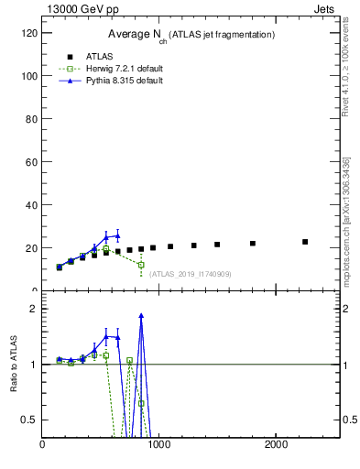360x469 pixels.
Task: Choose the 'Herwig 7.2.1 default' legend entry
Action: (x=111, y=69)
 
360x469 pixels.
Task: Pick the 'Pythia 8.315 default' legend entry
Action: (x=111, y=81)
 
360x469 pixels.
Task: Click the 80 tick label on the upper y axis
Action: (x=33, y=118)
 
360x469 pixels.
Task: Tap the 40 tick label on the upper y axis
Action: (x=33, y=204)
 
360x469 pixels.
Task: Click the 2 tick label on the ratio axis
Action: (x=35, y=309)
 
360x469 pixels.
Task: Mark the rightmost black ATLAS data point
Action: (x=305, y=242)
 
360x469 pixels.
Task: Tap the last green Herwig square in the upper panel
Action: (x=141, y=265)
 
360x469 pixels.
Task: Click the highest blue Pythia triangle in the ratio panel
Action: (x=141, y=315)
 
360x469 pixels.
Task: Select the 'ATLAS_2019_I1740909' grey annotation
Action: (x=191, y=274)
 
